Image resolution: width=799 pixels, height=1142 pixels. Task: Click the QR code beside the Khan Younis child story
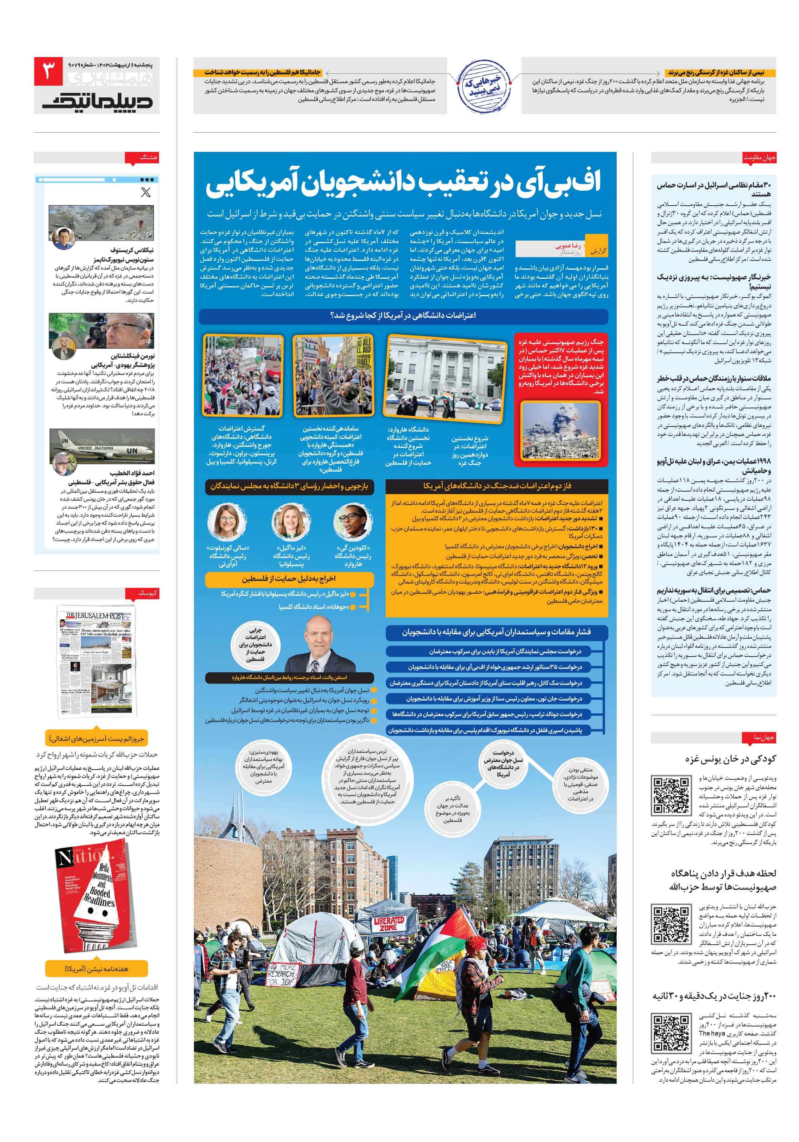(670, 795)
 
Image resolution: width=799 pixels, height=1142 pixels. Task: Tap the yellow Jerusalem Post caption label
(97, 738)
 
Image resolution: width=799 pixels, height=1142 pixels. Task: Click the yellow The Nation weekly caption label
(97, 968)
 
